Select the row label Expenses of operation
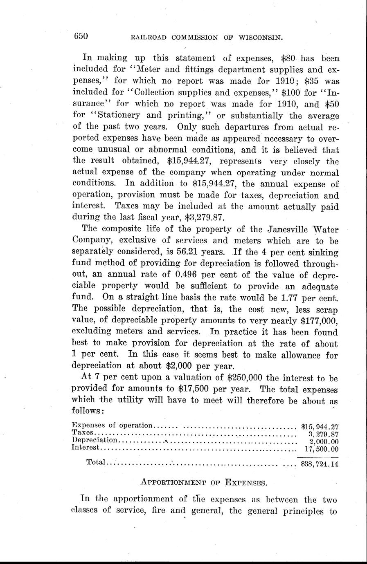coord(112,425)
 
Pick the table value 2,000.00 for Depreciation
coord(323,441)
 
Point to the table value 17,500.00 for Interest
coord(322,449)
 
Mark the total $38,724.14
coord(320,464)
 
